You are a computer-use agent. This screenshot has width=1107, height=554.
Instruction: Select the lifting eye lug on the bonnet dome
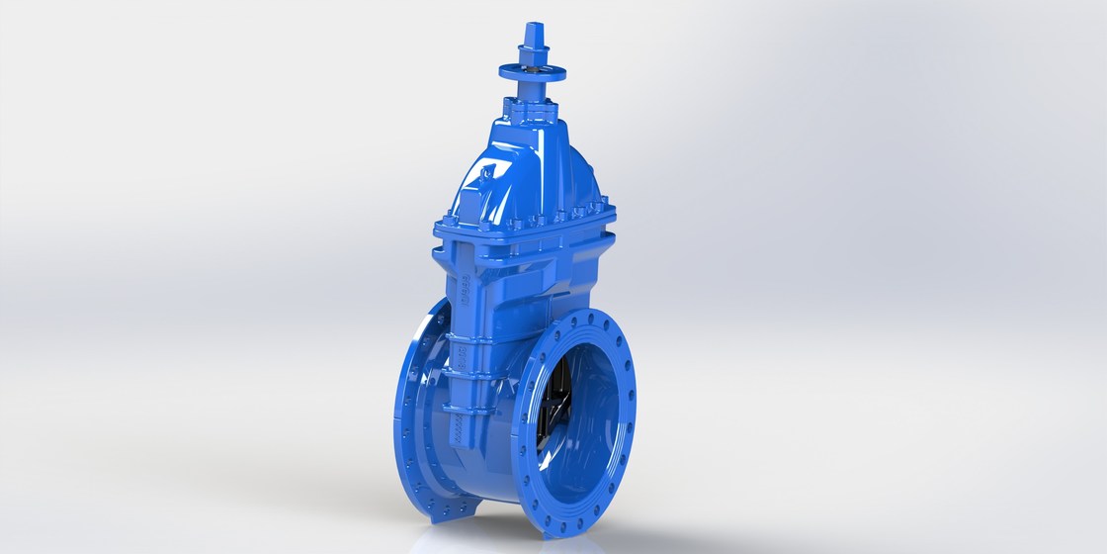pyautogui.click(x=485, y=179)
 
